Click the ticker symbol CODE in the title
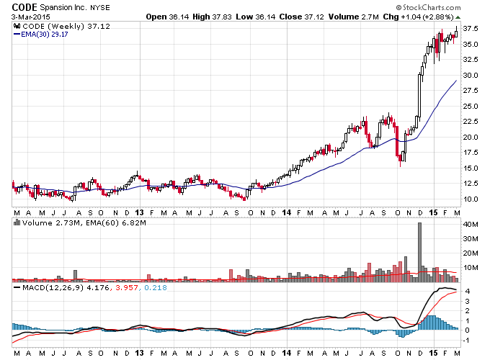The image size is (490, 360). coord(24,7)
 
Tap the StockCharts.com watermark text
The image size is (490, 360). coord(428,7)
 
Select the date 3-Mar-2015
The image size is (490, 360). coord(30,17)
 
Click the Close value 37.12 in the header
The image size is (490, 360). coord(314,17)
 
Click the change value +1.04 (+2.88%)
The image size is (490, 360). coord(427,17)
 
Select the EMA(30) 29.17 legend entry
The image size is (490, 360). coord(40,35)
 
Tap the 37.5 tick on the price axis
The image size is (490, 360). coord(471,29)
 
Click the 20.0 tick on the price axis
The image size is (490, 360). coord(471,137)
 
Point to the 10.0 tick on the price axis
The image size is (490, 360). coord(471,199)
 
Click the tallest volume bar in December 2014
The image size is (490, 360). coord(419,252)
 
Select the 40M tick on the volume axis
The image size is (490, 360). coord(471,225)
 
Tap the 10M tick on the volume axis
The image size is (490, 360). coord(471,268)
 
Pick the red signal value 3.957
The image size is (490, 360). coord(127,287)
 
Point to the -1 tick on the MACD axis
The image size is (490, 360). coord(466,341)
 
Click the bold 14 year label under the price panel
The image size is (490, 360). coord(287,212)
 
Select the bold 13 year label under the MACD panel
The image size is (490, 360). coord(139,353)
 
